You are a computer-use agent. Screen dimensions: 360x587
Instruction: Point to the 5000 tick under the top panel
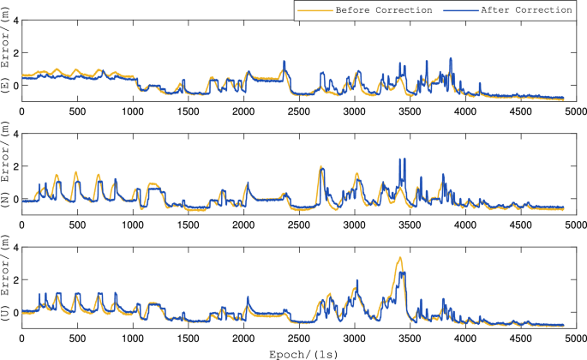coord(575,111)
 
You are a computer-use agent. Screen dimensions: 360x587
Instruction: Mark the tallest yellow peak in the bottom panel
coord(399,257)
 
